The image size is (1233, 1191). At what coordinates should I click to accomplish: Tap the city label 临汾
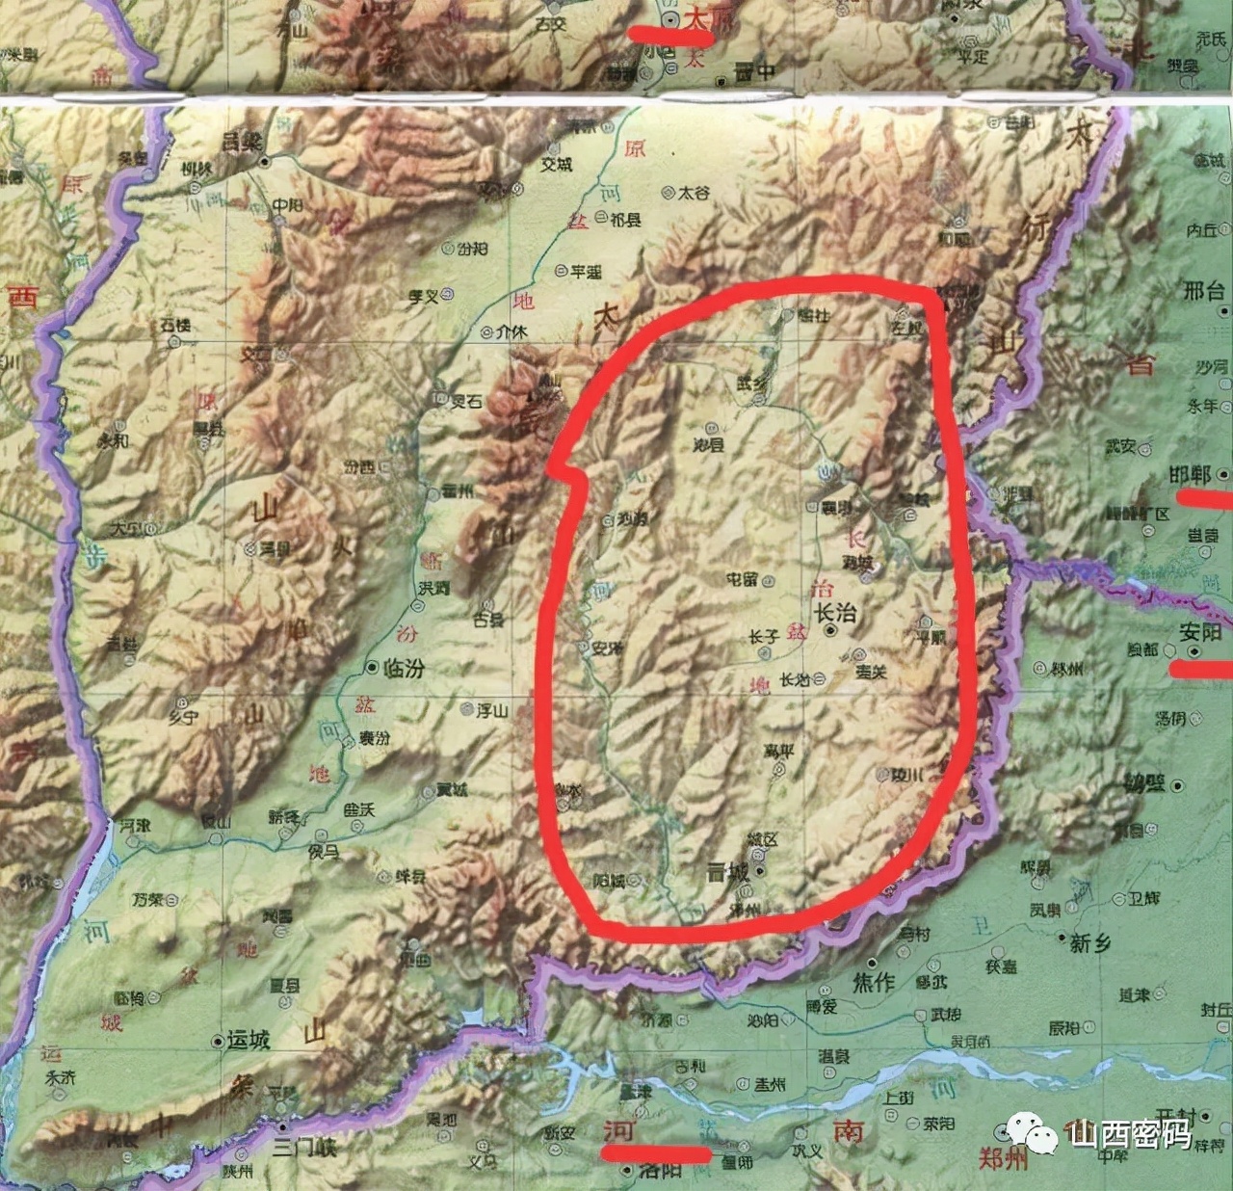point(404,668)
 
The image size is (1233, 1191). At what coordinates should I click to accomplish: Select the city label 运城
point(248,1041)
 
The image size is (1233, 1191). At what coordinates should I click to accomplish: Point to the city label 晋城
point(727,872)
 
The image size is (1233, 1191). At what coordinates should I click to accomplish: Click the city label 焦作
point(874,982)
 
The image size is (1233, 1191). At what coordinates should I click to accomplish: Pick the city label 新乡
point(1090,942)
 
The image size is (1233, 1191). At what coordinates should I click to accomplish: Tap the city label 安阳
point(1200,632)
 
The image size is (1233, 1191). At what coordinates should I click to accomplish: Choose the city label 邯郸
point(1190,474)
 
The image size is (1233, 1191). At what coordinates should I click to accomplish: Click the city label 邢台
point(1203,290)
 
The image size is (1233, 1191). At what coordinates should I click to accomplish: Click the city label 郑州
point(1002,1158)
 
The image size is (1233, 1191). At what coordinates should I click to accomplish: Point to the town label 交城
point(556,165)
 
